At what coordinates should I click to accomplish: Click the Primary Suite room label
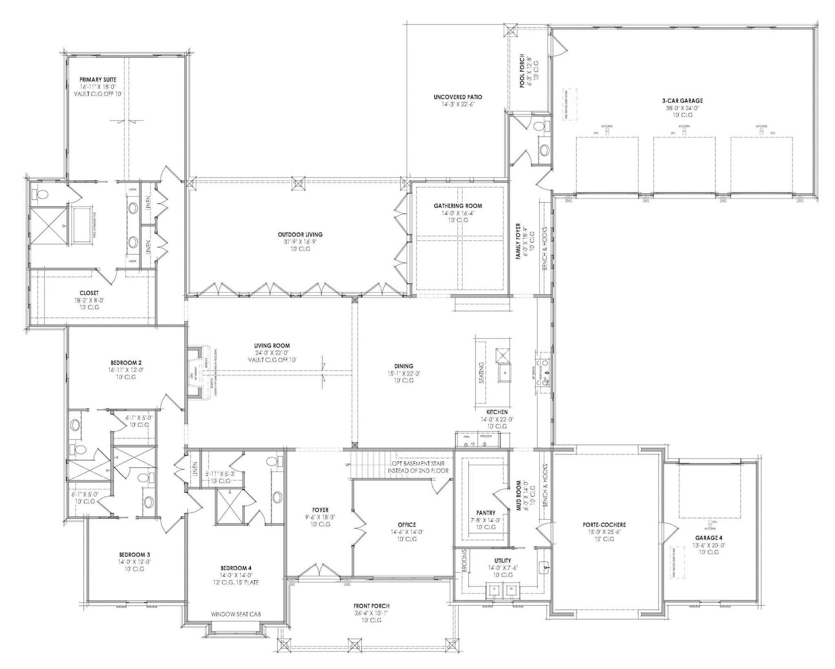(x=98, y=79)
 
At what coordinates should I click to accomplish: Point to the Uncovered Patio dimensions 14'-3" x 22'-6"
(x=457, y=104)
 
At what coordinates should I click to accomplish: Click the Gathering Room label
(x=457, y=206)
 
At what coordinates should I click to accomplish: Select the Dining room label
(x=404, y=366)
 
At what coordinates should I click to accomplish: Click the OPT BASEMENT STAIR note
(x=418, y=464)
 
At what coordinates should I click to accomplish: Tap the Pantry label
(x=486, y=513)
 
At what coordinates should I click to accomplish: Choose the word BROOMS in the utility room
(x=464, y=561)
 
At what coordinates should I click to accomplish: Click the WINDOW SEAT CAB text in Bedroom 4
(x=236, y=614)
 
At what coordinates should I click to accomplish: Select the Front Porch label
(x=371, y=606)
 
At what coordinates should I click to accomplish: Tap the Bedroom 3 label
(x=135, y=554)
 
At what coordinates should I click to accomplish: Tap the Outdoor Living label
(x=300, y=234)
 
